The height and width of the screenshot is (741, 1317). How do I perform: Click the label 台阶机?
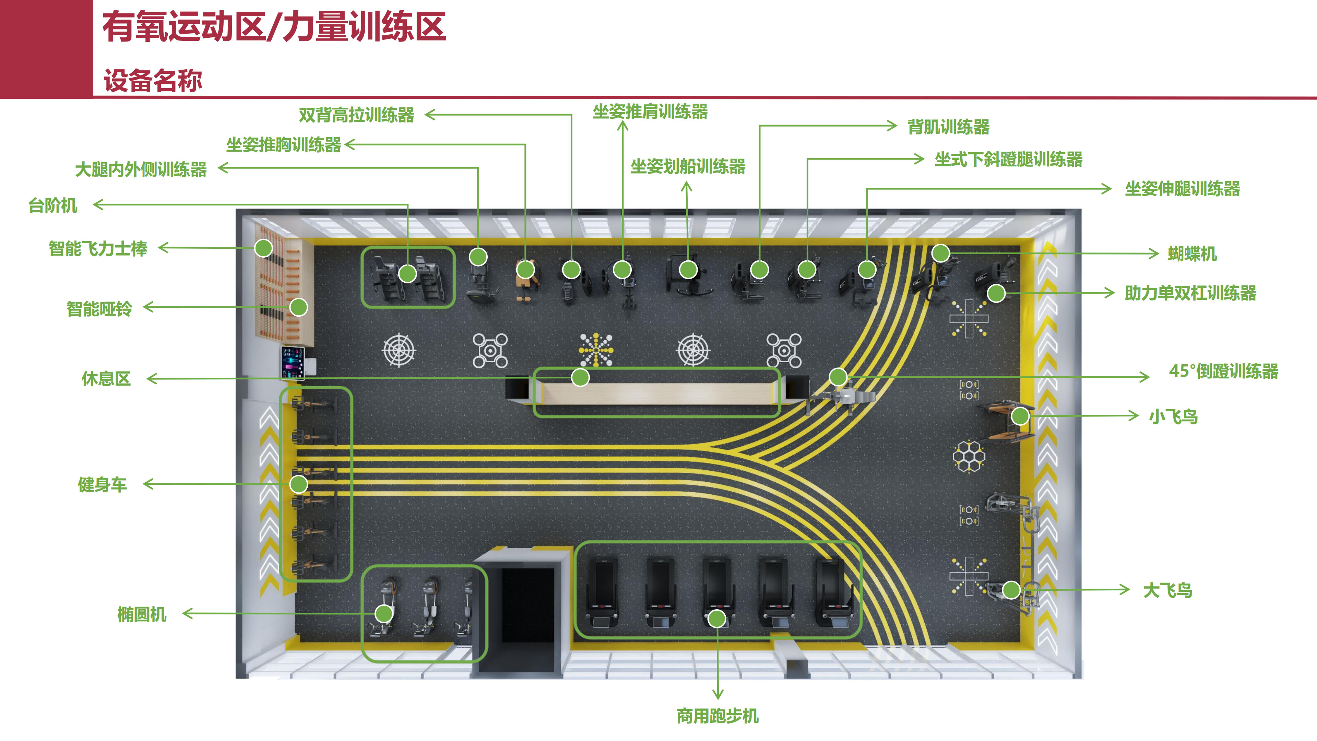53,205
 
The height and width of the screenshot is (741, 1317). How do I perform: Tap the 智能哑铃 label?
99,309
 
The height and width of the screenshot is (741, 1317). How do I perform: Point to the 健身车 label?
102,485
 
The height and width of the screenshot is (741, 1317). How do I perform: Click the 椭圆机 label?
142,614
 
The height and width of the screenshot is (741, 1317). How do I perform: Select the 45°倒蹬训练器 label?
1223,371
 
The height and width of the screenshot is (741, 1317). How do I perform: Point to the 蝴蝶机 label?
1192,254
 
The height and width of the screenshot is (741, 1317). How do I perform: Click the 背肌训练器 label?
948,127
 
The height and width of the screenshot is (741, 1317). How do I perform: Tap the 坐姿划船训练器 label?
688,166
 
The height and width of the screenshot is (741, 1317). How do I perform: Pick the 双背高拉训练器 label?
356,115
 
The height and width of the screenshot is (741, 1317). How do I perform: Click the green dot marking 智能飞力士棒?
263,248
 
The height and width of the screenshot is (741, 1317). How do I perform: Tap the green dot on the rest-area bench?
580,377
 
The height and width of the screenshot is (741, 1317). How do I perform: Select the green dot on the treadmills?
717,618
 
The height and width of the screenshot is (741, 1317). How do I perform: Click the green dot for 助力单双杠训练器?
996,293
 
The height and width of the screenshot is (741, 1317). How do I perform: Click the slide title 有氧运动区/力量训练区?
274,27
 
